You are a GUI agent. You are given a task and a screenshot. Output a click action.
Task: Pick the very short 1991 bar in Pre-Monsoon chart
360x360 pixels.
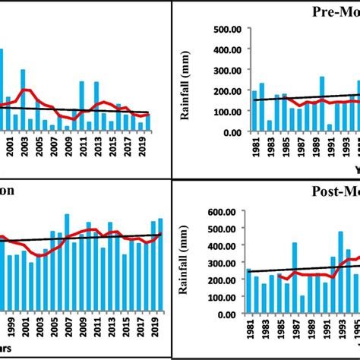click(329, 128)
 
